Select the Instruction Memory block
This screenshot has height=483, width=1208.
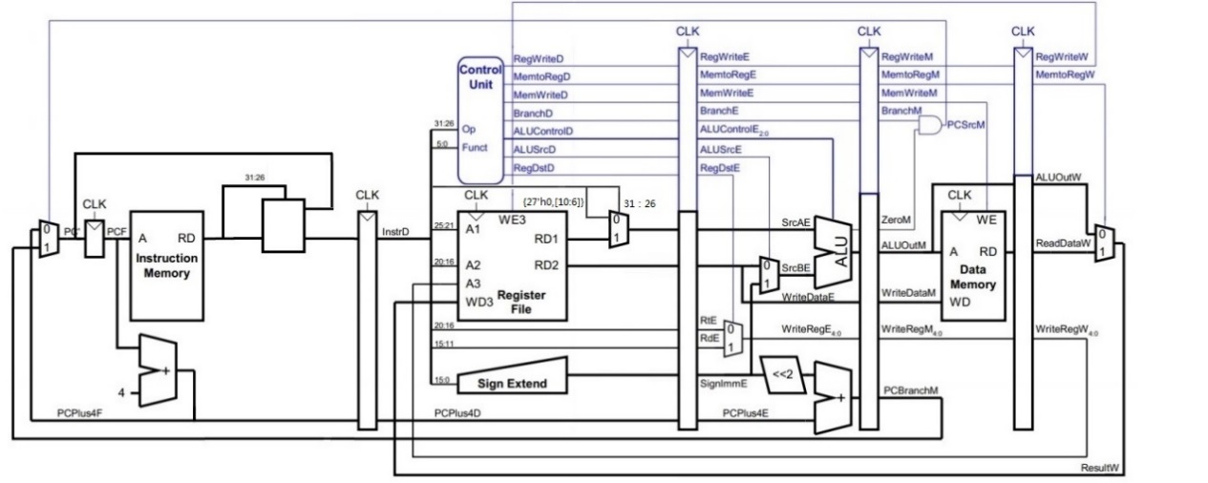coord(166,265)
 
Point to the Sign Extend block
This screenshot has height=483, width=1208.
coord(511,384)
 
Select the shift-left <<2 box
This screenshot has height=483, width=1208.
coord(782,372)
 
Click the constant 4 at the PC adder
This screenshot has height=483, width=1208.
coord(122,391)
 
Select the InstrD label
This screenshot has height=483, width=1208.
coord(395,230)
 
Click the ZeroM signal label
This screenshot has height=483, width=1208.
coord(895,220)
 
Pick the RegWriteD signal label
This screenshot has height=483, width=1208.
coord(538,59)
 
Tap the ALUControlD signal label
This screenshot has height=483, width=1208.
coord(543,131)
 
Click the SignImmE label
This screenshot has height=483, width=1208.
coord(723,383)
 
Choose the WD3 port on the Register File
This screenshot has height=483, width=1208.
coord(477,303)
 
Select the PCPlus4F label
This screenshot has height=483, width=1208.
coord(55,412)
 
